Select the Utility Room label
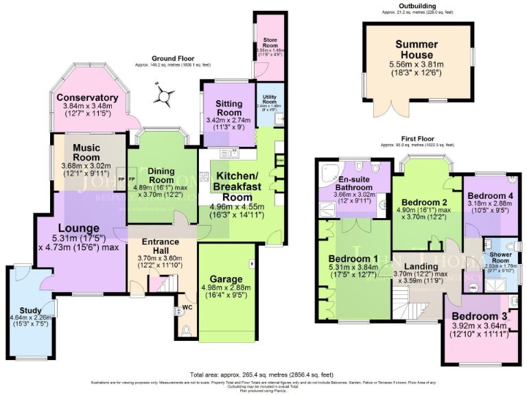click(x=268, y=99)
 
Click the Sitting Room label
click(x=229, y=108)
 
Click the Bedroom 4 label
click(x=489, y=194)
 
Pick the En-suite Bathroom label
click(x=355, y=184)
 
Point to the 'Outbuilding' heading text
click(x=415, y=7)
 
